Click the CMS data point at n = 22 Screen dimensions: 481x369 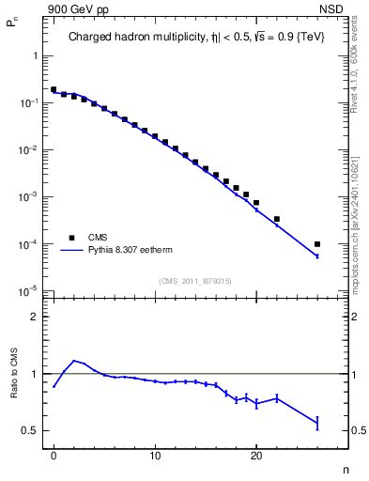pyautogui.click(x=277, y=219)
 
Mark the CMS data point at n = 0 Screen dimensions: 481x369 pyautogui.click(x=54, y=90)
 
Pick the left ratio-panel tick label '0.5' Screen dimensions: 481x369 pyautogui.click(x=30, y=430)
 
